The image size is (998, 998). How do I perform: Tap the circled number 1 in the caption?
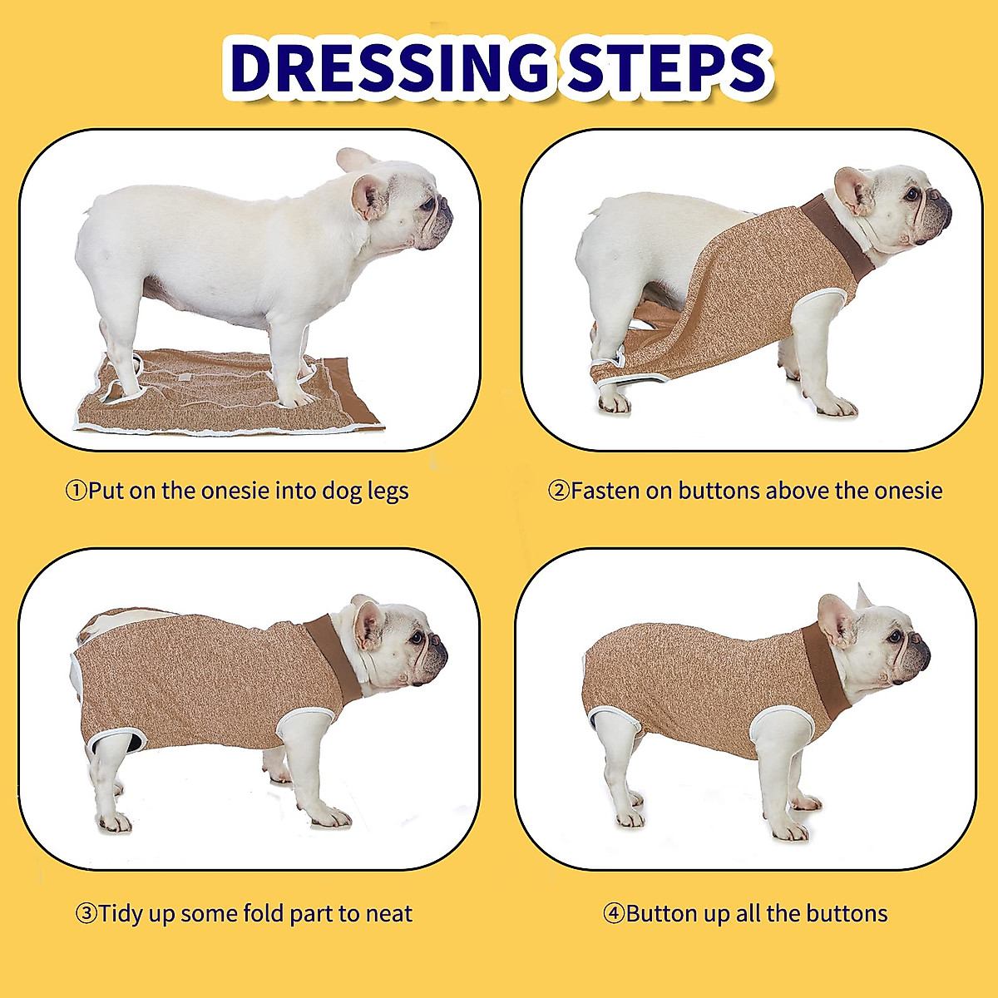(x=76, y=491)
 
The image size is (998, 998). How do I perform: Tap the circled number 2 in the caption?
(x=558, y=491)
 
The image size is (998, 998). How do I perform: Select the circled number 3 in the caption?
(x=86, y=914)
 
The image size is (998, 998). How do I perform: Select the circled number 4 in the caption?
(x=614, y=914)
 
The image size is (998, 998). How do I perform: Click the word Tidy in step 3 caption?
(x=120, y=914)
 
